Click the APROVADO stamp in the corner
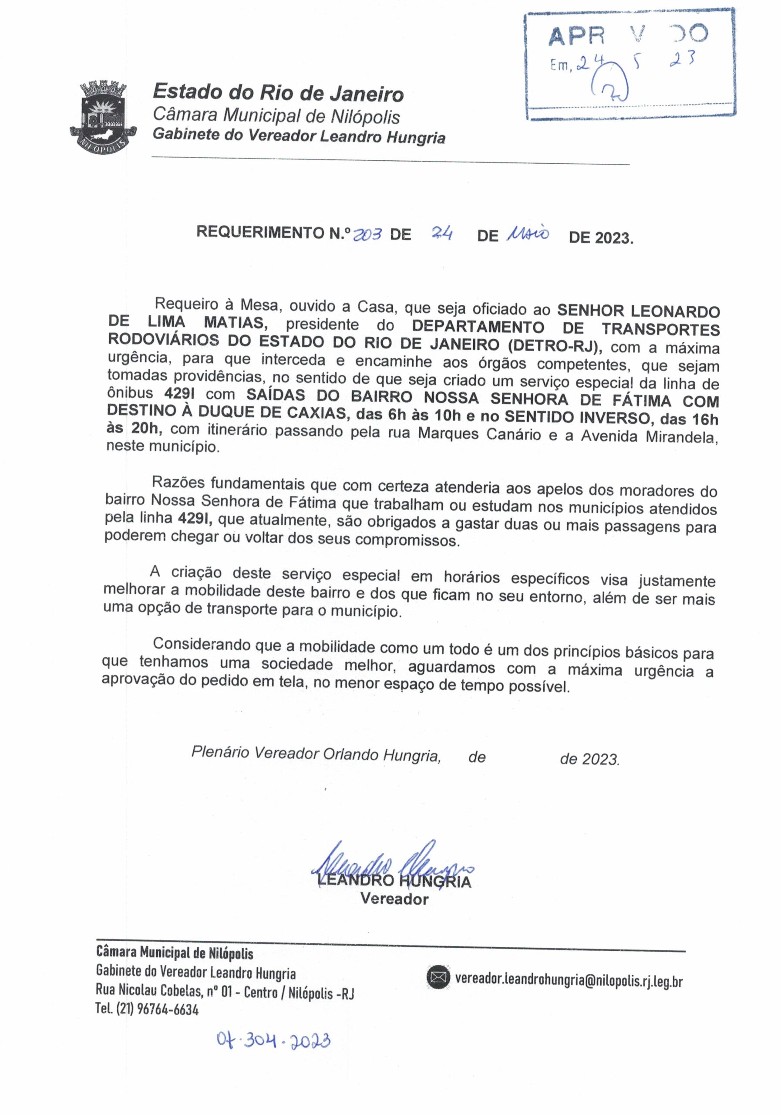[629, 64]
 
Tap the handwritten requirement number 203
[367, 235]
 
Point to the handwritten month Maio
[527, 235]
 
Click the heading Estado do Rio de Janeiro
[278, 92]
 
